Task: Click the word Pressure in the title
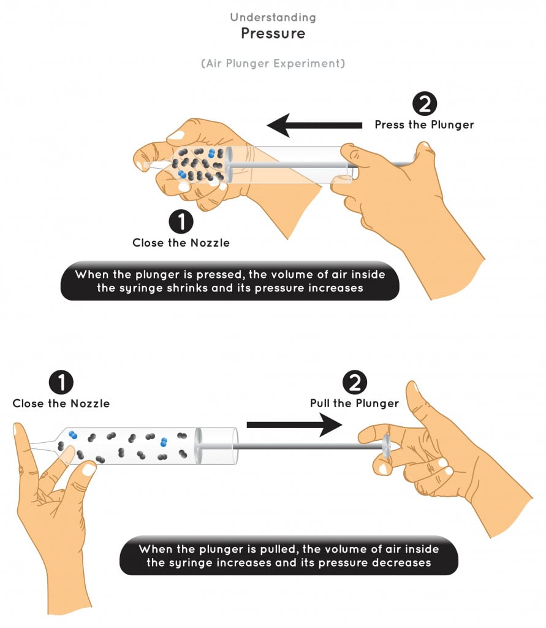point(273,33)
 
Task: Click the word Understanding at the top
point(273,17)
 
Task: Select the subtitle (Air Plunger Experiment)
point(273,63)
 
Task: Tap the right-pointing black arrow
point(294,424)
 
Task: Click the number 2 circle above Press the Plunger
point(424,104)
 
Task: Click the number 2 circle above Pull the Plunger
point(354,383)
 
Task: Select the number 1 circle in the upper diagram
point(181,222)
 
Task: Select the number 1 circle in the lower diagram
point(61,383)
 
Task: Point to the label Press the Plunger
point(424,124)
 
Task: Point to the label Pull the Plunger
point(354,404)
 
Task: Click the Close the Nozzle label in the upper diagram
point(181,243)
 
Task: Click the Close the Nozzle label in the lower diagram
point(61,404)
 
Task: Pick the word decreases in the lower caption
point(403,562)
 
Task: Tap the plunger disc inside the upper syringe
point(229,164)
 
